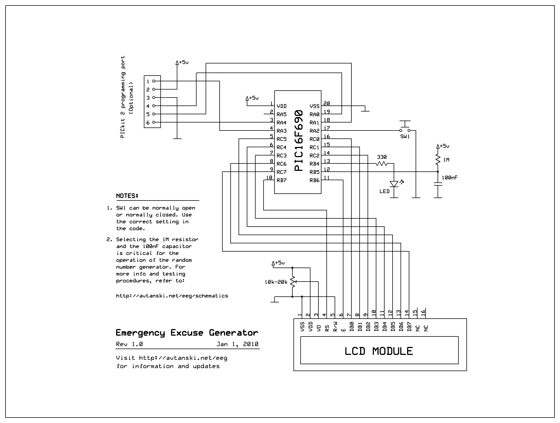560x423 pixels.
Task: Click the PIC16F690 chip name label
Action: (x=299, y=141)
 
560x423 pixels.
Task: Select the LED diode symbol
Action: (x=394, y=183)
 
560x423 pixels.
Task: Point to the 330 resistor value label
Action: (x=382, y=157)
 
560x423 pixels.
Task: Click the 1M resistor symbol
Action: (x=438, y=159)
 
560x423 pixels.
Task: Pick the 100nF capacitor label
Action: (x=450, y=178)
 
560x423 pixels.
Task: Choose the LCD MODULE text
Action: (x=379, y=351)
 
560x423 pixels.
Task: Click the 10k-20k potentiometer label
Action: (x=276, y=282)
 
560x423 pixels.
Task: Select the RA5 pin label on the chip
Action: (x=282, y=114)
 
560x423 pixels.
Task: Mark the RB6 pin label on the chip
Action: (x=315, y=180)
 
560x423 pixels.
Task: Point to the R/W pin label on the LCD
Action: (x=335, y=327)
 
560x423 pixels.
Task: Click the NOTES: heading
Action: (x=127, y=196)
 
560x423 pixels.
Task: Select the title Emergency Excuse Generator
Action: (x=187, y=333)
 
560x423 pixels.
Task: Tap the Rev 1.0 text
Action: (x=129, y=344)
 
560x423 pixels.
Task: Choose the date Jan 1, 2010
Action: (x=237, y=344)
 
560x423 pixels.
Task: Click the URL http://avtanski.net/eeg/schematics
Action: (x=172, y=296)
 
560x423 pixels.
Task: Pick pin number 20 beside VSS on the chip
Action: (x=327, y=103)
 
